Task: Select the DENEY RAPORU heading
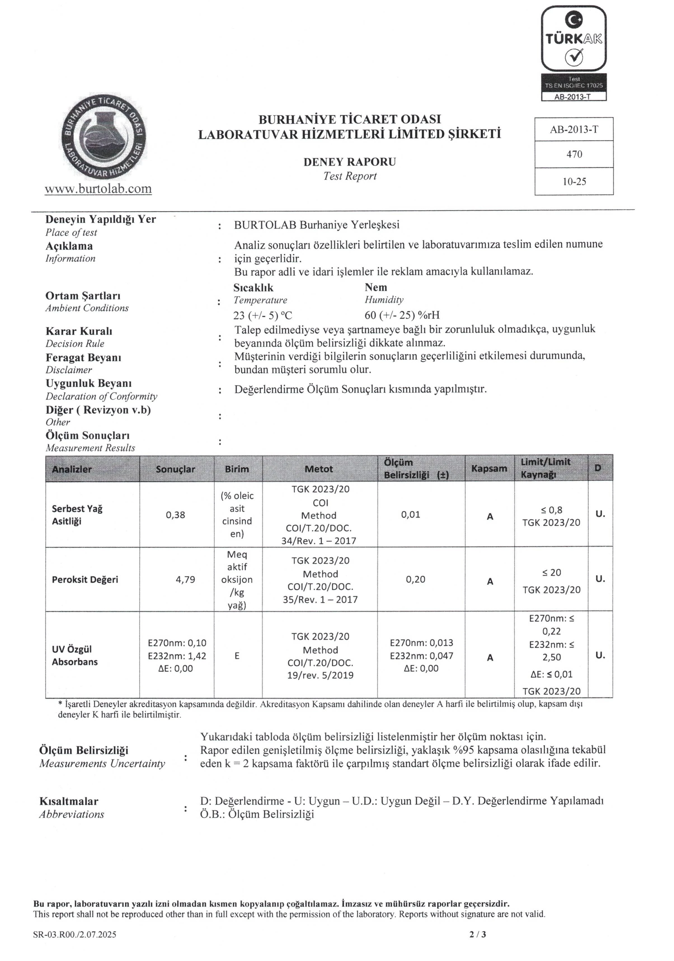click(x=349, y=162)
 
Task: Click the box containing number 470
click(x=574, y=154)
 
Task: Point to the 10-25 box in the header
click(x=574, y=182)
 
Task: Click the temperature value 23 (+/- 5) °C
click(x=262, y=315)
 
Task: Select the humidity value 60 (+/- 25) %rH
click(x=402, y=315)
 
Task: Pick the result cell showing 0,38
click(x=175, y=515)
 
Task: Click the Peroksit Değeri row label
click(x=85, y=580)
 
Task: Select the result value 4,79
click(x=185, y=580)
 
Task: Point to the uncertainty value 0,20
click(x=415, y=580)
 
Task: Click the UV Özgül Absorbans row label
click(x=75, y=656)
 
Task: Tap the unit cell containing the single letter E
click(x=237, y=656)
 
